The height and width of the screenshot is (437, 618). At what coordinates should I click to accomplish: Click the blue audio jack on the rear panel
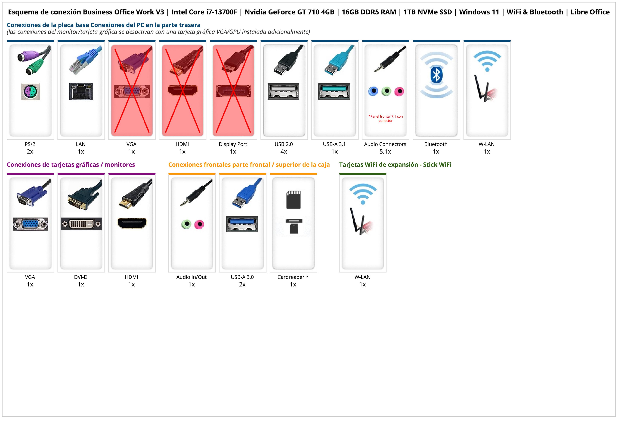coord(373,91)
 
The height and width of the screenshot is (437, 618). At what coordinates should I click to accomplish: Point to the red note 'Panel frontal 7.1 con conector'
coord(385,118)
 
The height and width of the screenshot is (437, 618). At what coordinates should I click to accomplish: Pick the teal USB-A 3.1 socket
coord(334,91)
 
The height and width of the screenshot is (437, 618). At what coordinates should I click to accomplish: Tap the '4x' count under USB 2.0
coord(284,152)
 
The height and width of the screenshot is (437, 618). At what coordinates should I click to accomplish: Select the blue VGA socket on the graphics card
coord(30,224)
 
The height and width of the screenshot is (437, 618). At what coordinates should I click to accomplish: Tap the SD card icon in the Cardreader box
coord(293,200)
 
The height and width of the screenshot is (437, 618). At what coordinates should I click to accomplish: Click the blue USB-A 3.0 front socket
coord(242,224)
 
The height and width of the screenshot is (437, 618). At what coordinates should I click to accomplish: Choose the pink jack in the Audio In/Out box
coord(199,224)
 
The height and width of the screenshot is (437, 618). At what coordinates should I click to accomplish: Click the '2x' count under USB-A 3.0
coord(242,284)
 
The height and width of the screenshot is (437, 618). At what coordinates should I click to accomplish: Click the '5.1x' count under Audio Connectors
coord(385,152)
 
